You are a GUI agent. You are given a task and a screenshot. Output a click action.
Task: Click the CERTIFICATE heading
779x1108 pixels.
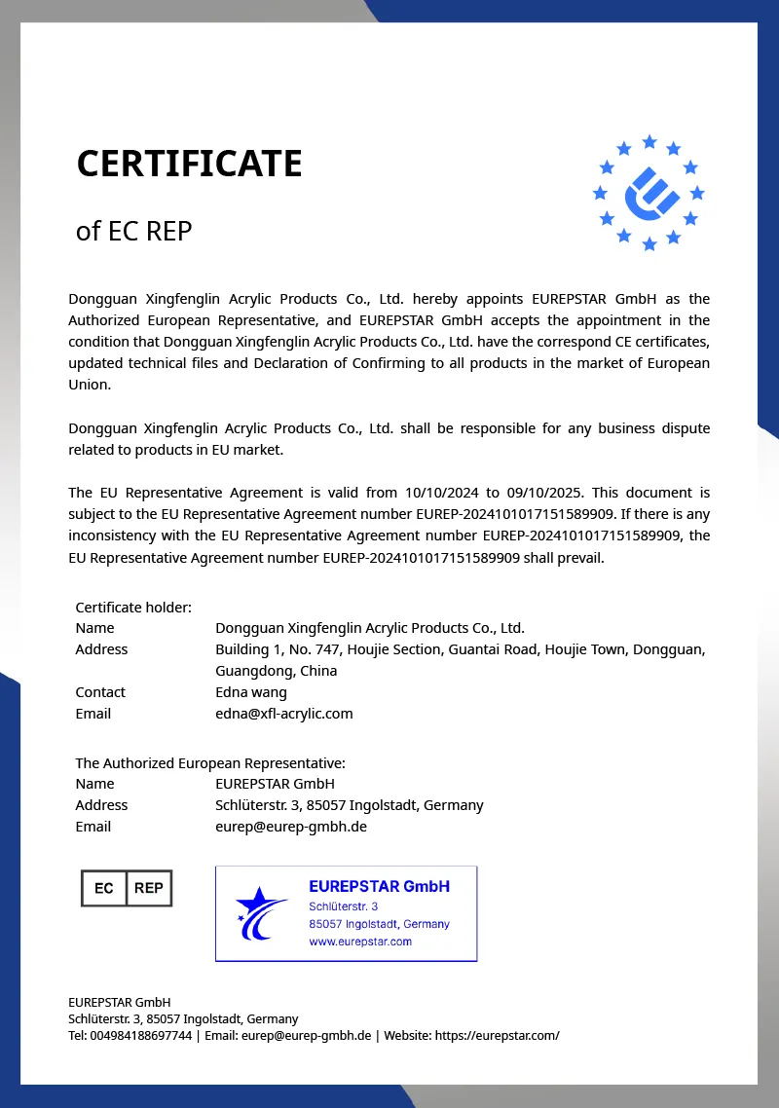click(189, 164)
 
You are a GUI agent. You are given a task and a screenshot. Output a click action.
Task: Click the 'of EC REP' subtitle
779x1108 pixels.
click(134, 231)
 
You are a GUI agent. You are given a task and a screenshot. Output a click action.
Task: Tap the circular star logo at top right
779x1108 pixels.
click(649, 193)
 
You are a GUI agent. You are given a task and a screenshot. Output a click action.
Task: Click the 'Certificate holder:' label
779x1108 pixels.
click(133, 607)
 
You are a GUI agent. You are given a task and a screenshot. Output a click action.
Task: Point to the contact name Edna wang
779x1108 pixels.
click(251, 692)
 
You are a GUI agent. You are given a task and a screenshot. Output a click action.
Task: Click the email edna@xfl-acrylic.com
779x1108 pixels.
click(283, 714)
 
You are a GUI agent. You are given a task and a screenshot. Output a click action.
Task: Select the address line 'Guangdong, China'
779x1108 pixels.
click(276, 671)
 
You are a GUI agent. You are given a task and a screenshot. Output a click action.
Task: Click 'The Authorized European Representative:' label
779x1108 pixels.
click(210, 762)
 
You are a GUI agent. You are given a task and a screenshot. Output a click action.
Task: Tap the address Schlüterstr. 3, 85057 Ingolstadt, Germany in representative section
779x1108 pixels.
click(349, 805)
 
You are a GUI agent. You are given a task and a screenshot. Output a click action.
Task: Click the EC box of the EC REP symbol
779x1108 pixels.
click(104, 888)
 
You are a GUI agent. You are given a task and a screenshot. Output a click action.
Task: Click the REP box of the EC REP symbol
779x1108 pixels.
click(149, 888)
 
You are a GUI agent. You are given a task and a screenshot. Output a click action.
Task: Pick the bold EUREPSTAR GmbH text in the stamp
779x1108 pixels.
click(379, 886)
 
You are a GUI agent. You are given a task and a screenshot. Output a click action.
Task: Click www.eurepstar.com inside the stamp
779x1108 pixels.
click(360, 942)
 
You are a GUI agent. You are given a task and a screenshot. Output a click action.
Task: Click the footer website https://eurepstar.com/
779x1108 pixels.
click(497, 1035)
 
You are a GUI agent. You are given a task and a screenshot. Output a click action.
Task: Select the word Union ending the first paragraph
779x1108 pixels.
click(90, 385)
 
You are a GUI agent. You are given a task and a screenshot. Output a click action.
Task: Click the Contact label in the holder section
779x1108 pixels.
click(100, 692)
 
